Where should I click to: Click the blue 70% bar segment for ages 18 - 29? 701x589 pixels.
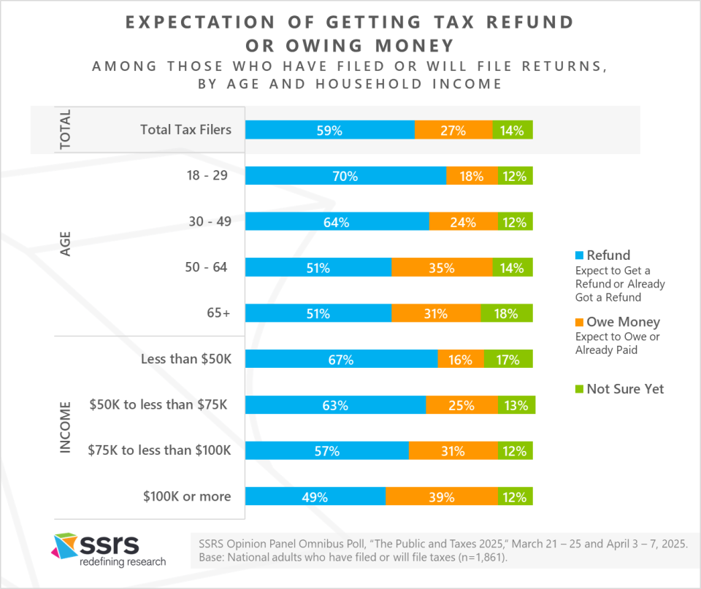(x=345, y=176)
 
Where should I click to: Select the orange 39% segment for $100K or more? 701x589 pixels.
(x=442, y=496)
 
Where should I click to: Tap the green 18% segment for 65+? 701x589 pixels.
(x=507, y=313)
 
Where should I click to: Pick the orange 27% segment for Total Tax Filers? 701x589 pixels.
(x=453, y=130)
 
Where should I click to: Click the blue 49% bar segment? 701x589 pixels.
(x=315, y=496)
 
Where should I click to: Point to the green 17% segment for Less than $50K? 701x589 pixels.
(x=508, y=359)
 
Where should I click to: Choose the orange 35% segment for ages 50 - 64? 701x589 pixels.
(x=443, y=267)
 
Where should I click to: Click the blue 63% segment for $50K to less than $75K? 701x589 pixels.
(x=336, y=405)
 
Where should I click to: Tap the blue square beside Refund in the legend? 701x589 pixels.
(x=579, y=255)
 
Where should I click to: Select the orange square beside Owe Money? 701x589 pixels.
(x=579, y=322)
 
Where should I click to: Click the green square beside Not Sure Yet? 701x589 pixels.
(x=579, y=389)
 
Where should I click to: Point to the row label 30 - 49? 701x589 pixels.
(x=210, y=221)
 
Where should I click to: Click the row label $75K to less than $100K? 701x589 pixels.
(x=160, y=450)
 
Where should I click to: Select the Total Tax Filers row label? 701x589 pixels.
(x=186, y=130)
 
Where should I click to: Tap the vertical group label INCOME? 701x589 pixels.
(x=65, y=427)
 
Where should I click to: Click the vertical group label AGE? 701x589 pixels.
(x=65, y=244)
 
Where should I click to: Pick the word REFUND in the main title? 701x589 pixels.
(x=530, y=23)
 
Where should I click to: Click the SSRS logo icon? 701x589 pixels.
(x=66, y=546)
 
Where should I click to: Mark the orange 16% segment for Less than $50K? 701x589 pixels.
(x=461, y=359)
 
